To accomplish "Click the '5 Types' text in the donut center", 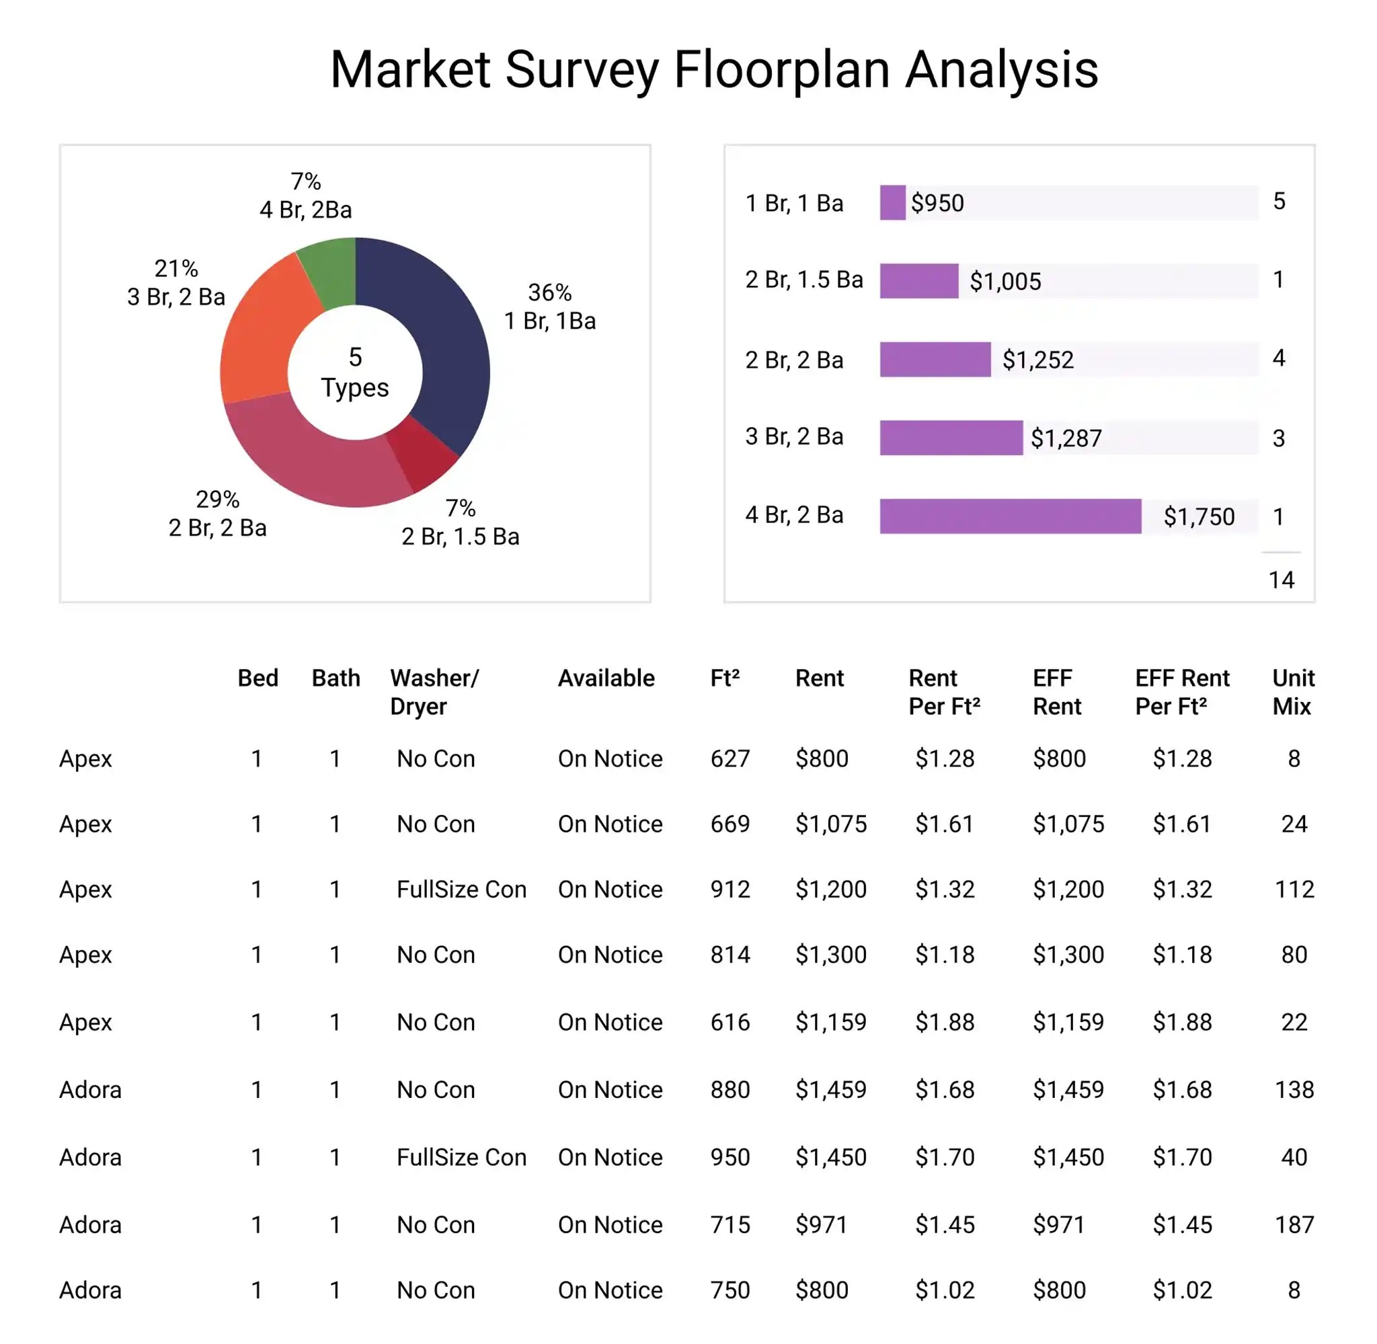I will pos(355,372).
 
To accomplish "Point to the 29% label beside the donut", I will pos(217,500).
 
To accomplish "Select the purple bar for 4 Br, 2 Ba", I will pos(1010,516).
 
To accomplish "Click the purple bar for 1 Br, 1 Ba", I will pos(892,202).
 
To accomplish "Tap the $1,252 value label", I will pos(1037,360).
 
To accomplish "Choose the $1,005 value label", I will pos(1005,282).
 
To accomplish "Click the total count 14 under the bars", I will pos(1280,580).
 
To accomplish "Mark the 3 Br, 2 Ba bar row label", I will pos(794,437).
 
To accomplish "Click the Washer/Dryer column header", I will pos(434,692).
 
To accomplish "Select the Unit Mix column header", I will pos(1292,692).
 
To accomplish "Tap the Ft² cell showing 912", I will pos(730,890).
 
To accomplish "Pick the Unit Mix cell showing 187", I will pos(1294,1225).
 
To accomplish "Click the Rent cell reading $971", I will pos(821,1225).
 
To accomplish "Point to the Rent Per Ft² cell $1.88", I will pos(945,1022).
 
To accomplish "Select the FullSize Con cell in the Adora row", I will pos(461,1158).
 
